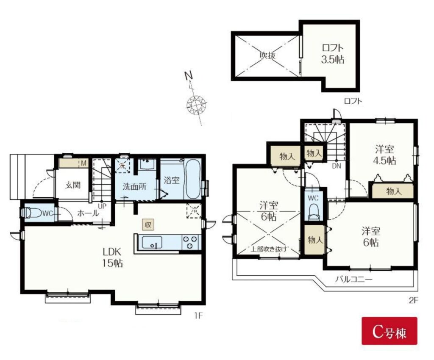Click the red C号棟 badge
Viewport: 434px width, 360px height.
(x=389, y=331)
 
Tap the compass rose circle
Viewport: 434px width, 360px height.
(x=196, y=105)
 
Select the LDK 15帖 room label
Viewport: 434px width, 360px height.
(x=112, y=258)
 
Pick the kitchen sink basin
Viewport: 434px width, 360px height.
(x=152, y=243)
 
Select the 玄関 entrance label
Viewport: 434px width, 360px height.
(x=72, y=185)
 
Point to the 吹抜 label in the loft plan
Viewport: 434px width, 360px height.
(x=267, y=55)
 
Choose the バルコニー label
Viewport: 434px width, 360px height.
(x=354, y=279)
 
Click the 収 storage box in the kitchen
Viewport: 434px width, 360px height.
(x=148, y=225)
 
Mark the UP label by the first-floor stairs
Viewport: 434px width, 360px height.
(x=103, y=206)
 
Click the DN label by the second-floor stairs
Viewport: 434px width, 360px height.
(x=337, y=166)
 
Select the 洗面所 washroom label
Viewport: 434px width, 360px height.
(x=134, y=187)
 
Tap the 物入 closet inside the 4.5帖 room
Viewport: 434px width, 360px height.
(x=393, y=191)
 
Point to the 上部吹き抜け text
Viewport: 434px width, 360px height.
(x=268, y=249)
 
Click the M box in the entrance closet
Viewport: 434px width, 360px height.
(x=83, y=163)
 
